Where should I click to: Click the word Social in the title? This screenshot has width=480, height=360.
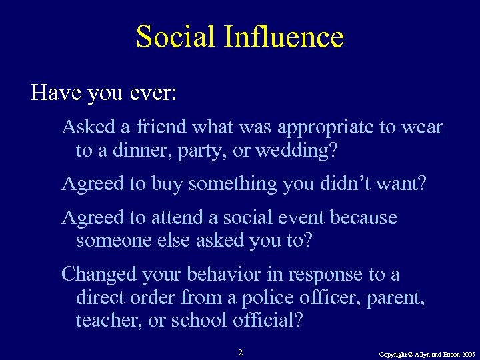(175, 37)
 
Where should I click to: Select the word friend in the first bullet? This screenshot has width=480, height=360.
(162, 127)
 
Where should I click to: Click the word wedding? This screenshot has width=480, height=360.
(301, 150)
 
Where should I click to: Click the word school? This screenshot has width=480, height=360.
(199, 321)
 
